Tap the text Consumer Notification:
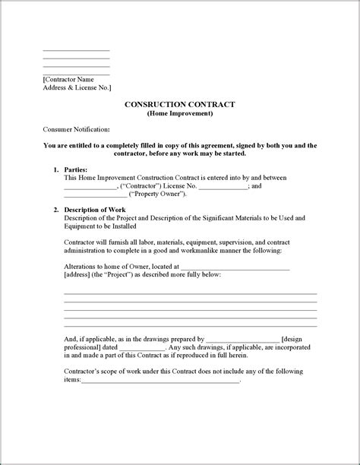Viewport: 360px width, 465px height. coord(77,129)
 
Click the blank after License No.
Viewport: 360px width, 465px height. coord(223,186)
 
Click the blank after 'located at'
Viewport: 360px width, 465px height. coord(235,267)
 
